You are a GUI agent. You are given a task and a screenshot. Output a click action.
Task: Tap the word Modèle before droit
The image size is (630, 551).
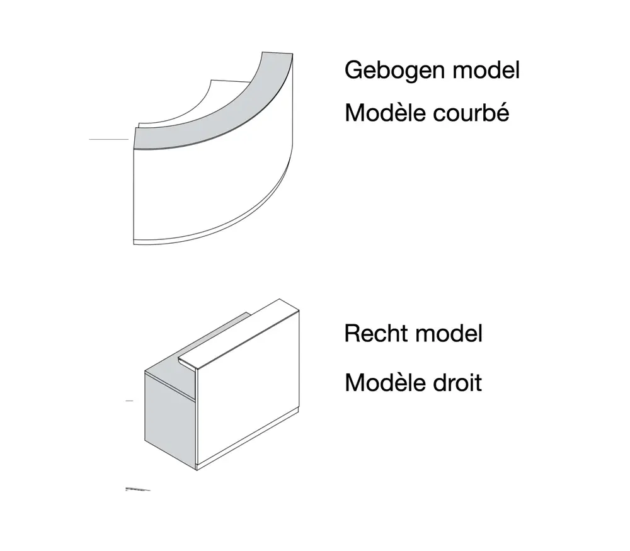(x=381, y=382)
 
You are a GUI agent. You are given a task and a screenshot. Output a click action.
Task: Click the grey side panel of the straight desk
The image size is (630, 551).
(x=169, y=416)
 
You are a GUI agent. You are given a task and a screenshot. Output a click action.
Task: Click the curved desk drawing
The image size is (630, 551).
(x=214, y=151)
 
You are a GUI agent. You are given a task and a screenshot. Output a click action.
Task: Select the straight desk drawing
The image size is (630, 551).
(x=220, y=384)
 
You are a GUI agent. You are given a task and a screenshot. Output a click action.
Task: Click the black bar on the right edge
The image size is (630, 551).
(x=590, y=275)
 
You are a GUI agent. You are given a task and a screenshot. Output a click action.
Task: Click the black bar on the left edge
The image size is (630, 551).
(x=40, y=275)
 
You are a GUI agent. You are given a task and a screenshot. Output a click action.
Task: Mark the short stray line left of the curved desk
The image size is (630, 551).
(x=108, y=139)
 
